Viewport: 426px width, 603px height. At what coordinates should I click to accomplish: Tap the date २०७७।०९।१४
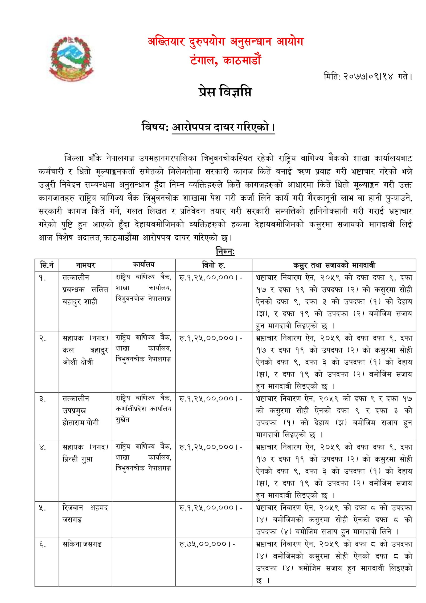click(368, 77)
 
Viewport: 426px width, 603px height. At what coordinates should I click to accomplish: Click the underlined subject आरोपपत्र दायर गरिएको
click(223, 127)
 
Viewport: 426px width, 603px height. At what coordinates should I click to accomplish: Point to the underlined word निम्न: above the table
click(225, 251)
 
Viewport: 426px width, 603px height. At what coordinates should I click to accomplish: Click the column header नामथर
click(85, 265)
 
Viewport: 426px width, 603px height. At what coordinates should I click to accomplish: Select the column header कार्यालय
click(144, 264)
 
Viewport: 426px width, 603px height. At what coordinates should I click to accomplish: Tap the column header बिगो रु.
click(213, 265)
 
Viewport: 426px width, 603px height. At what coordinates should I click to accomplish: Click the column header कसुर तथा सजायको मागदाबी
click(334, 265)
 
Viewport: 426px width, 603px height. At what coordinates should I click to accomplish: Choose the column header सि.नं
click(47, 265)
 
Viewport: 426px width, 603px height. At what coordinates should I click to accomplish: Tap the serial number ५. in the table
click(43, 508)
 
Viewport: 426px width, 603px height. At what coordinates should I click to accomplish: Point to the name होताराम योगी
click(81, 423)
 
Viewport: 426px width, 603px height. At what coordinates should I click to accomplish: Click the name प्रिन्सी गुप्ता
click(77, 459)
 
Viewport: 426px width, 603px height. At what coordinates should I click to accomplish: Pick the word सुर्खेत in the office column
click(122, 420)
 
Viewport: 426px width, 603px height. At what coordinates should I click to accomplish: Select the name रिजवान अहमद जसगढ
click(85, 513)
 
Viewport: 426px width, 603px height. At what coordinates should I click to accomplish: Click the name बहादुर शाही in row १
click(80, 301)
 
